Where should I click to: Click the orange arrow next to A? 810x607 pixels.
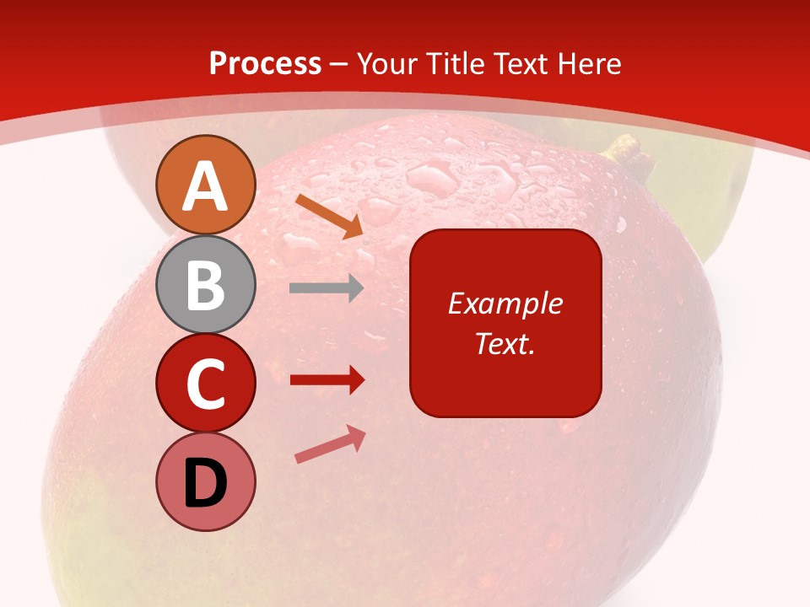pyautogui.click(x=329, y=216)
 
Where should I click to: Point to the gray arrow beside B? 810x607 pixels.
pyautogui.click(x=327, y=288)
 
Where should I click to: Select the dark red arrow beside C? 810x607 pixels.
pyautogui.click(x=327, y=380)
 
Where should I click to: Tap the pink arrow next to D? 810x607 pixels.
pyautogui.click(x=330, y=444)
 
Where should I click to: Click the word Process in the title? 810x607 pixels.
pyautogui.click(x=265, y=64)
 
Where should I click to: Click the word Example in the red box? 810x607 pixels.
pyautogui.click(x=505, y=303)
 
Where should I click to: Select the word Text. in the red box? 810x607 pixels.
pyautogui.click(x=505, y=343)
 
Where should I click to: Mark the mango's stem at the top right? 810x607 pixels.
pyautogui.click(x=624, y=151)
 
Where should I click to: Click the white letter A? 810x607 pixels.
pyautogui.click(x=205, y=185)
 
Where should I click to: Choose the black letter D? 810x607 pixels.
pyautogui.click(x=205, y=483)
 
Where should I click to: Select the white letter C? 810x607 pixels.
pyautogui.click(x=205, y=384)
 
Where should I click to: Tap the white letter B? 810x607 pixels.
pyautogui.click(x=205, y=285)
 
